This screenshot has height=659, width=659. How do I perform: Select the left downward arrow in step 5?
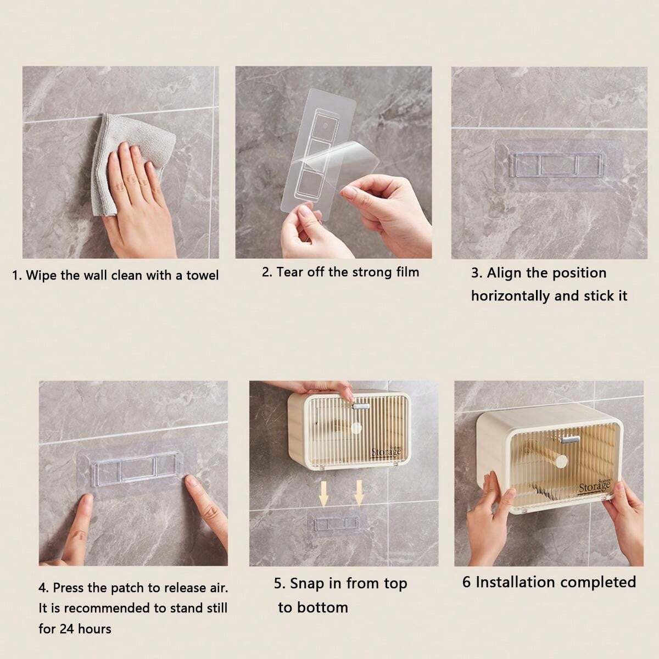[x=324, y=493]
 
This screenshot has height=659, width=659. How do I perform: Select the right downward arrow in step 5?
[x=359, y=493]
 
